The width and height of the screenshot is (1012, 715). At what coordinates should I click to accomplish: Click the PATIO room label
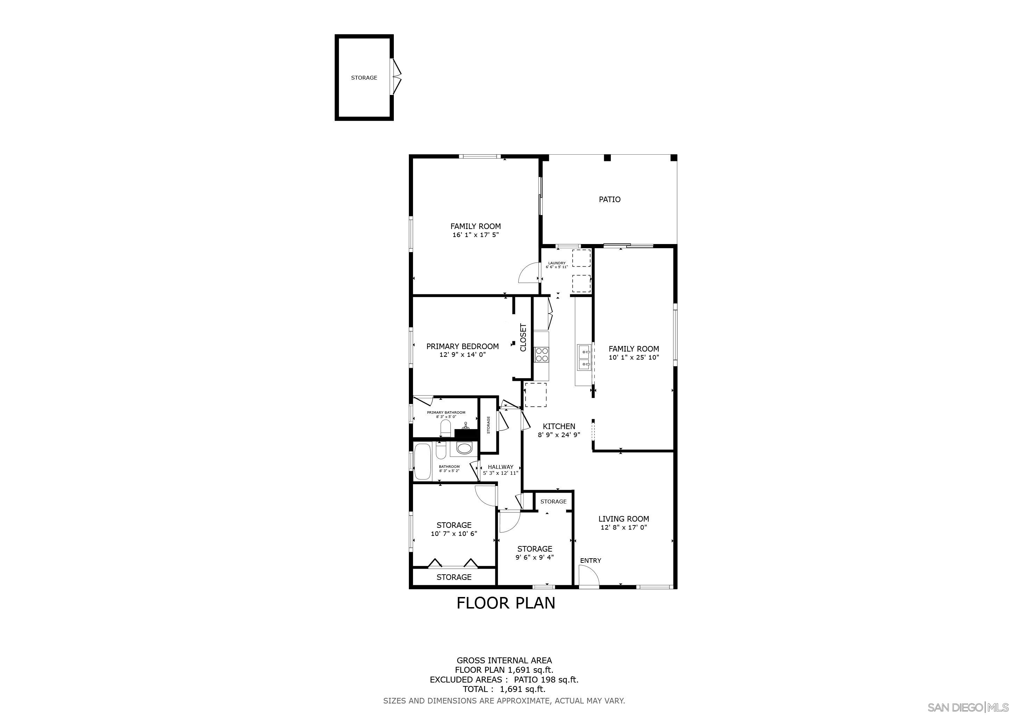[609, 199]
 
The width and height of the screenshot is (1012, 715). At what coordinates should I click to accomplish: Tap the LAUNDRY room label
[556, 263]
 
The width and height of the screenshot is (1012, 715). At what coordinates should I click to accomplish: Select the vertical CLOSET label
[523, 338]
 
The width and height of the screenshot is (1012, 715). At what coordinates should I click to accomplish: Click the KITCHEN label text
[558, 426]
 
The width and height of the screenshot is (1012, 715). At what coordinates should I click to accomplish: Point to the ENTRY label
[590, 560]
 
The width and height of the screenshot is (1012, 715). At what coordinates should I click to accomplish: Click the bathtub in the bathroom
[423, 462]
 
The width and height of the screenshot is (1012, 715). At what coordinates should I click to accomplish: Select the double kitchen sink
[584, 357]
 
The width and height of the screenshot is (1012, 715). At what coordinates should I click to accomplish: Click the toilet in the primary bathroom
[445, 428]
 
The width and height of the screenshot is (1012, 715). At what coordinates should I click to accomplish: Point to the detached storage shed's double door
[397, 77]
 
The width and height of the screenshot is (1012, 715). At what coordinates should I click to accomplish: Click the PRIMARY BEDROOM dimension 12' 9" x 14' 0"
[462, 354]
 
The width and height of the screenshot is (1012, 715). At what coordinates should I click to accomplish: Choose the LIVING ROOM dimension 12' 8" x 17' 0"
[623, 527]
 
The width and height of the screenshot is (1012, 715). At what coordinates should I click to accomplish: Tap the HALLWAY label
[500, 467]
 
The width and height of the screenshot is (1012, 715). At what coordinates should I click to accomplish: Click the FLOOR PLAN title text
[506, 603]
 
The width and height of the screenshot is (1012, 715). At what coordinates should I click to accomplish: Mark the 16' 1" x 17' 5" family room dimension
[475, 235]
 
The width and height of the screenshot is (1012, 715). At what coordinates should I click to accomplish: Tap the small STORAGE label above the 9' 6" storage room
[553, 501]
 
